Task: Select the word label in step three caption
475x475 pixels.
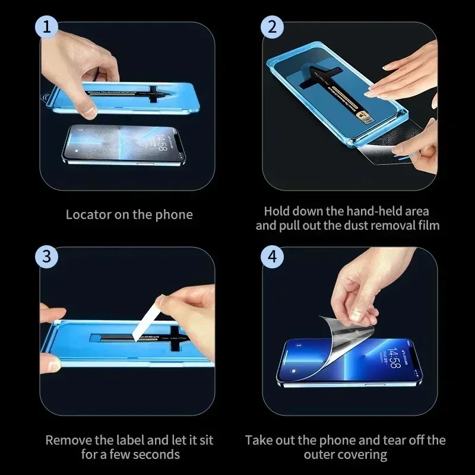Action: tap(132, 441)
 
